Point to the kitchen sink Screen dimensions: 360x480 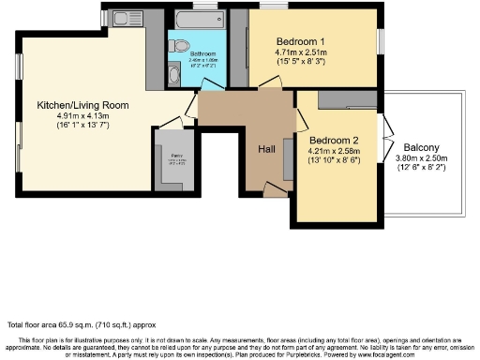[x=124, y=19]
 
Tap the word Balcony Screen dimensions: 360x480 [x=424, y=148]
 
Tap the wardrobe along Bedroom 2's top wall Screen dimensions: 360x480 [x=348, y=99]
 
